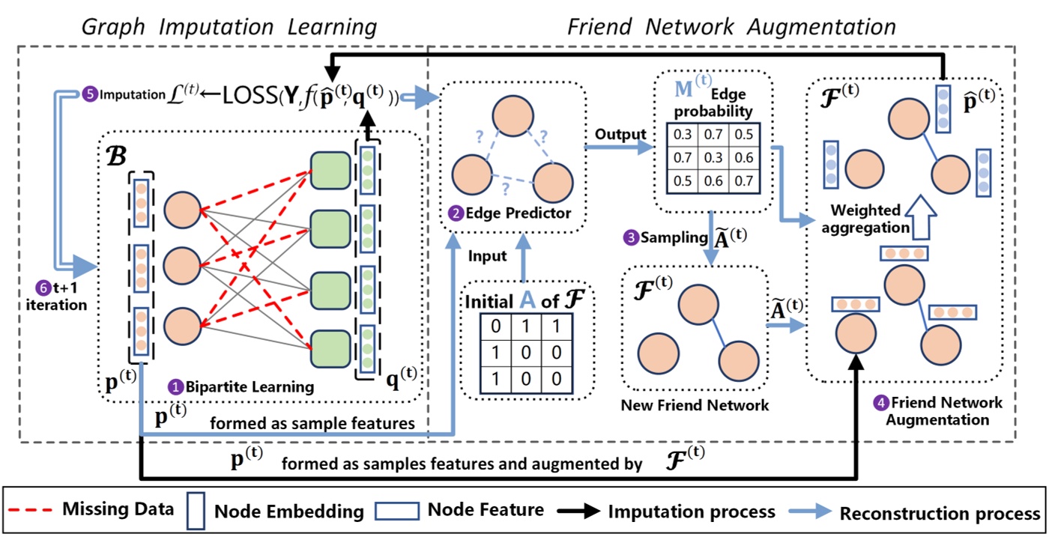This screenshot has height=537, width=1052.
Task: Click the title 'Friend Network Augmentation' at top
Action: (731, 28)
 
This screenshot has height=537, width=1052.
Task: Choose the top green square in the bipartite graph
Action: (330, 170)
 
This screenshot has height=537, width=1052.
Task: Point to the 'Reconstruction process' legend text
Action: (940, 513)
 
